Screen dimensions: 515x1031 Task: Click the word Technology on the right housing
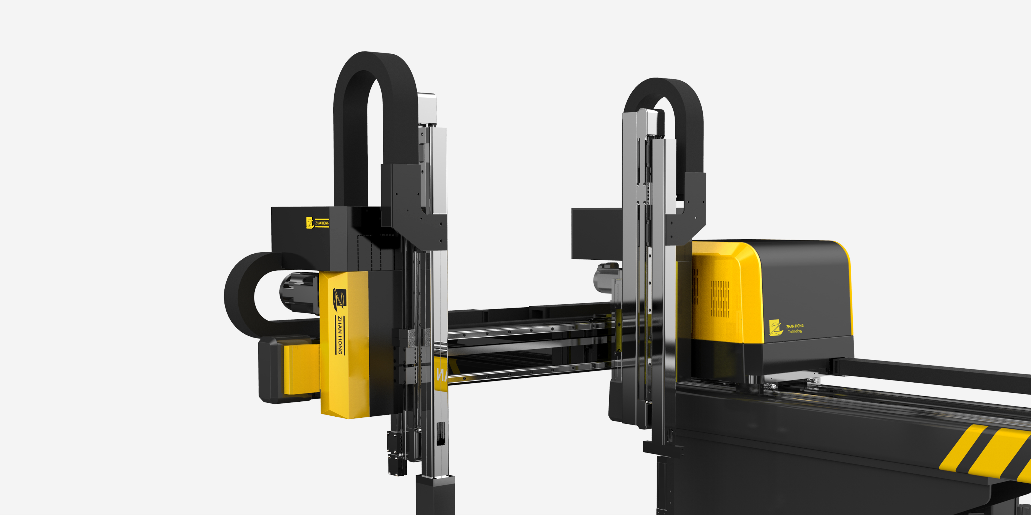795,331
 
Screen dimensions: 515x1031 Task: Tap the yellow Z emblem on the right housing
776,328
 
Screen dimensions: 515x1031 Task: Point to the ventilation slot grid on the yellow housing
720,299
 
